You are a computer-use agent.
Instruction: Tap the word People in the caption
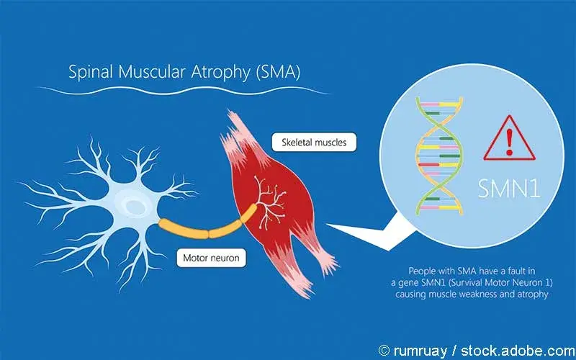(419, 267)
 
